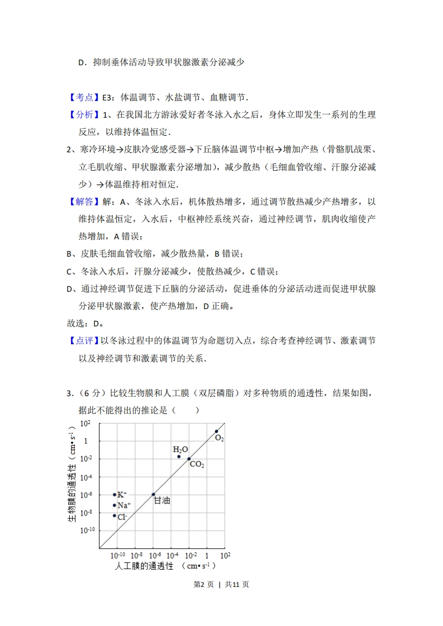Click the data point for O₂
coord(217,431)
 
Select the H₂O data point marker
coord(179,456)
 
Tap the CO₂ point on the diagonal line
coord(189,459)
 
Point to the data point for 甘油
coord(154,494)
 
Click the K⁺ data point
coord(115,494)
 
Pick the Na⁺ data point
coord(115,505)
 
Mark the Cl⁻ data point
coord(115,516)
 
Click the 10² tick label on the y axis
coord(85,424)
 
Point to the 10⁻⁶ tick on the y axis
coord(85,495)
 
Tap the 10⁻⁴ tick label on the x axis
coord(172,556)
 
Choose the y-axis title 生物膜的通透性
coord(72,485)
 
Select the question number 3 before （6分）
coord(69,394)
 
